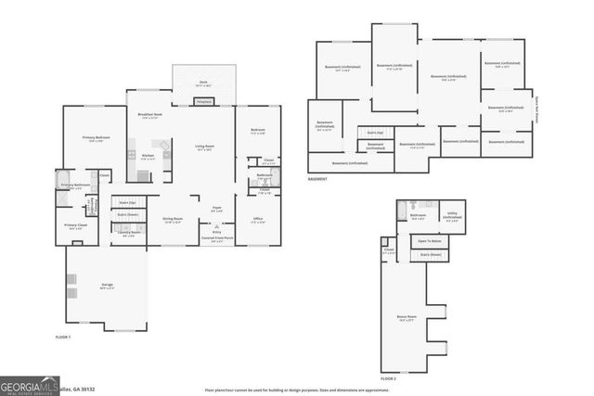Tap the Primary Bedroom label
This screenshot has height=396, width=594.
click(86, 138)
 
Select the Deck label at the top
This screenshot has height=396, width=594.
click(203, 83)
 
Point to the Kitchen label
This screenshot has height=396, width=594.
click(147, 156)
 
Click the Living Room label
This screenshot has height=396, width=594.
click(204, 148)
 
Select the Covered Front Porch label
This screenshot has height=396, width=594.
click(218, 238)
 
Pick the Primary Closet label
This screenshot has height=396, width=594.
click(75, 226)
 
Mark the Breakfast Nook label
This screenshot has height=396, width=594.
click(149, 115)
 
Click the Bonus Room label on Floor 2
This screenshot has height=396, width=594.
click(405, 317)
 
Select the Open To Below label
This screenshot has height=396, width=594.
click(430, 241)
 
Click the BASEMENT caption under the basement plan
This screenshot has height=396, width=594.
click(317, 178)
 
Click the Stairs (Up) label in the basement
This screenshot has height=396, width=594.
click(370, 133)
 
